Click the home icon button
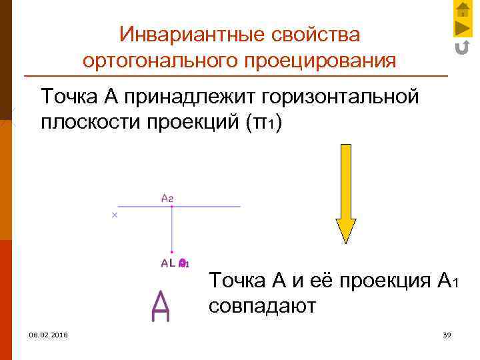(463, 9)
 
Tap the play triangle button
(463, 29)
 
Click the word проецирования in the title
(320, 61)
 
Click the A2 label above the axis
(167, 197)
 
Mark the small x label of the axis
(114, 215)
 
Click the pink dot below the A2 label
(172, 207)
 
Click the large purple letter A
(161, 306)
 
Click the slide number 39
(447, 334)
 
